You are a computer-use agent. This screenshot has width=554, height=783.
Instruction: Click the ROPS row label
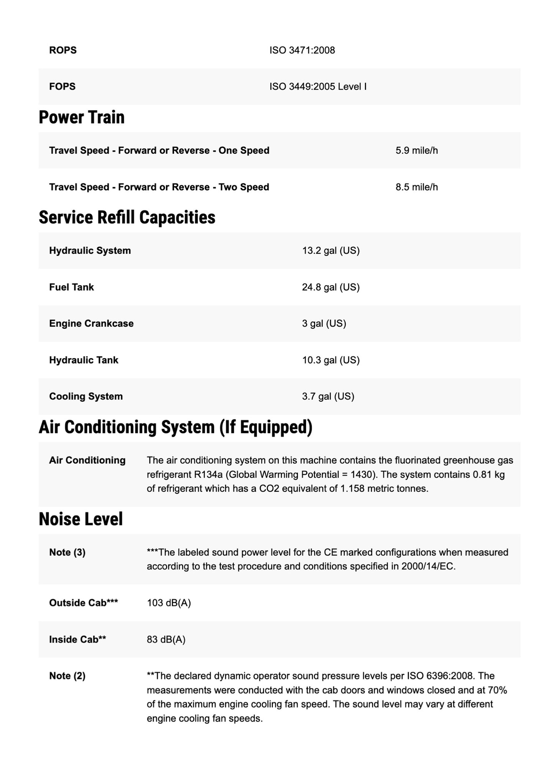[x=63, y=50]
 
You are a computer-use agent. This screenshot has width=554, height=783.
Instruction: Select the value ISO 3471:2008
[x=302, y=50]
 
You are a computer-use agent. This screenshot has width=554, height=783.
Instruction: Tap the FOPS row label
[x=62, y=87]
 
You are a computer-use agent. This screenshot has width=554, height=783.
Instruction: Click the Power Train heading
[x=82, y=117]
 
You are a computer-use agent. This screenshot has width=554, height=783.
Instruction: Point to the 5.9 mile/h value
[x=416, y=151]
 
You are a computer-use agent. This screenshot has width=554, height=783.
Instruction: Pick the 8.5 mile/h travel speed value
[x=416, y=187]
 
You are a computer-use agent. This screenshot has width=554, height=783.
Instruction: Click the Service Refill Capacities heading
[x=127, y=217]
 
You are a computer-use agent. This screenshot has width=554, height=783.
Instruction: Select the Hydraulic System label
[x=90, y=251]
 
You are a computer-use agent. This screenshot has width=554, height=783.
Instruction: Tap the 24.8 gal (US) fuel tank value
[x=330, y=287]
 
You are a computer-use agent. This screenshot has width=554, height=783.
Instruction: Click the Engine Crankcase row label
[x=91, y=323]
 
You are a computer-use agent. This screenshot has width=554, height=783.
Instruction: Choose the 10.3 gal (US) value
[x=330, y=360]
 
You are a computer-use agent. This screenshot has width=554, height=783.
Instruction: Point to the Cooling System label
[x=86, y=396]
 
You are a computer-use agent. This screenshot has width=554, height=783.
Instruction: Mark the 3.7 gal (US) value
[x=328, y=396]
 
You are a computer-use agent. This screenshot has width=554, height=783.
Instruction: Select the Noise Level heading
[x=81, y=519]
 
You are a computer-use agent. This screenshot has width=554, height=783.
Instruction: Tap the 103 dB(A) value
[x=169, y=603]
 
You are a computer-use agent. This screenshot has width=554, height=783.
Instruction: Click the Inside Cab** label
[x=77, y=639]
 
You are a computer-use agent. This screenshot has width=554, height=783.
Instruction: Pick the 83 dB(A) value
[x=166, y=639]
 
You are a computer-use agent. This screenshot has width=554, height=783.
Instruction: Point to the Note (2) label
[x=67, y=676]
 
